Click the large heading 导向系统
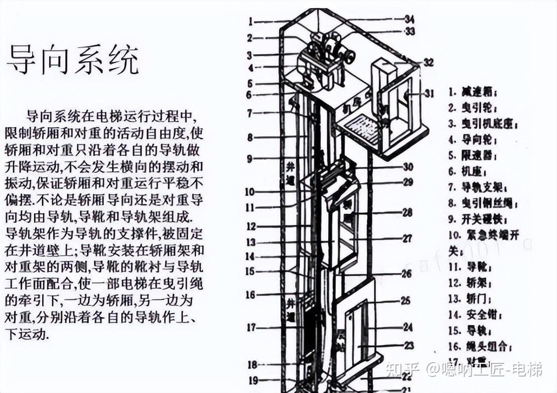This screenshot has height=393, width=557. coord(72,60)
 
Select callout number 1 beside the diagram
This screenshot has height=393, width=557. coord(250,21)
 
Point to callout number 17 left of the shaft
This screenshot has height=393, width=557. coord(250,328)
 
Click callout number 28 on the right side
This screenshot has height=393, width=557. coord(407,213)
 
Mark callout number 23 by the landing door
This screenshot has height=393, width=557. coord(408,345)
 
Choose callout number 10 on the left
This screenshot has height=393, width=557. coord(249,191)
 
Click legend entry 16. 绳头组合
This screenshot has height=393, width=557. coord(476,346)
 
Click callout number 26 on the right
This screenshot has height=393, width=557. coord(406,274)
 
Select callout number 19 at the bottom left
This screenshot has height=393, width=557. coord(251,380)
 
